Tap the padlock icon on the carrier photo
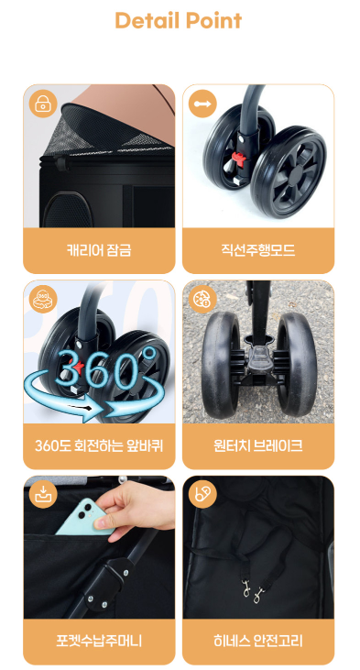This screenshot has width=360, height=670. click(43, 104)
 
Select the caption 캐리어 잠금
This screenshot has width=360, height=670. click(99, 249)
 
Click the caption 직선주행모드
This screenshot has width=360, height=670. click(258, 249)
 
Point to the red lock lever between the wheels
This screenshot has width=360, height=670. click(238, 161)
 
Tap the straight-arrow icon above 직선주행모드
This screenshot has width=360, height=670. click(202, 104)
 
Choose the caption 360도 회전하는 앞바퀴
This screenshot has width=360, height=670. click(99, 445)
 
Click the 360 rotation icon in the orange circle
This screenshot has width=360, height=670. click(43, 299)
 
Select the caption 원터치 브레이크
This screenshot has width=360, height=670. click(258, 445)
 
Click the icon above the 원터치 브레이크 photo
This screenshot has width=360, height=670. click(202, 299)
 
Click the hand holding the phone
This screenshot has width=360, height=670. click(136, 511)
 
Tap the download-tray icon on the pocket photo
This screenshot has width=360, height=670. click(43, 494)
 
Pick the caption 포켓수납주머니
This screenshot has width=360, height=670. click(99, 641)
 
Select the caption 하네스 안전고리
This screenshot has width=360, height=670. click(258, 641)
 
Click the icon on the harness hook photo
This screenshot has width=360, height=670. click(202, 494)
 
